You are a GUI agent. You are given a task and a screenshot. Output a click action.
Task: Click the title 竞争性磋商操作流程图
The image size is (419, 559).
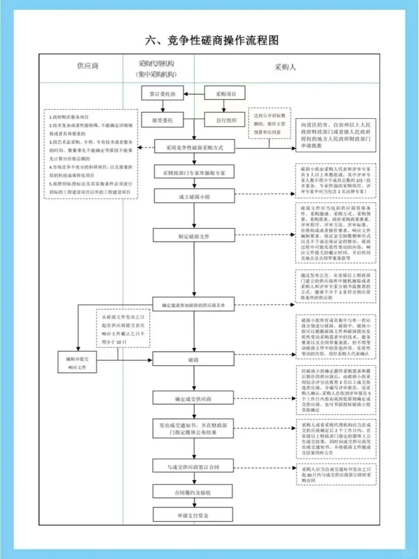pyautogui.click(x=212, y=40)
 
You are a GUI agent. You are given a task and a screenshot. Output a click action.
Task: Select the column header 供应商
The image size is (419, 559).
pyautogui.click(x=88, y=66)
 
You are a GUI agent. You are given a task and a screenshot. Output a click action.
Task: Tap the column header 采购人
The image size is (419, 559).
pyautogui.click(x=285, y=67)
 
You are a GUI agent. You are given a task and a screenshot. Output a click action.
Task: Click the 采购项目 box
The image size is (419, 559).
pyautogui.click(x=225, y=94)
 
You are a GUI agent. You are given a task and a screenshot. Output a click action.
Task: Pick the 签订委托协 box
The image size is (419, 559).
pyautogui.click(x=163, y=94)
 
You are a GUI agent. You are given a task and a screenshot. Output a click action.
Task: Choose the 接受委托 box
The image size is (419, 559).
pyautogui.click(x=163, y=120)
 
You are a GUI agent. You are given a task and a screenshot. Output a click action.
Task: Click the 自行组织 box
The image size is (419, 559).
pyautogui.click(x=226, y=120)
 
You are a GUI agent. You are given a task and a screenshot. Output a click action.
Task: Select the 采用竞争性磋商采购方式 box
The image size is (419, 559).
pyautogui.click(x=195, y=148)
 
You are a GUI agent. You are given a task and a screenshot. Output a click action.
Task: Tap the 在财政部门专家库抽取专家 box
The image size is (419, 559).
pyautogui.click(x=194, y=173)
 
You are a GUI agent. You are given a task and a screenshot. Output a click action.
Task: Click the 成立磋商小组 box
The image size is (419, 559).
pyautogui.click(x=194, y=196)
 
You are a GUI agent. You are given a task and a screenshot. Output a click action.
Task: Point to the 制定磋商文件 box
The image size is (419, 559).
pyautogui.click(x=194, y=236)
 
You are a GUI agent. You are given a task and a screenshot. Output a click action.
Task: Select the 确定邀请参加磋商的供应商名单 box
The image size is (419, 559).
pyautogui.click(x=194, y=305)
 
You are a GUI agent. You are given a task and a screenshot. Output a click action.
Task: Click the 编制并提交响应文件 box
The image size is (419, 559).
pyautogui.click(x=77, y=363)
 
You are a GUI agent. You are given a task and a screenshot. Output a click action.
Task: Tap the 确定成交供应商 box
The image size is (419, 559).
pyautogui.click(x=193, y=399)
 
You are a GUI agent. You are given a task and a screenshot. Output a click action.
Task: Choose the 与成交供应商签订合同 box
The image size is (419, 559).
pyautogui.click(x=193, y=467)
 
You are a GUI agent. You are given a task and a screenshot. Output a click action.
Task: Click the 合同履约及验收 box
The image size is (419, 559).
pyautogui.click(x=193, y=492)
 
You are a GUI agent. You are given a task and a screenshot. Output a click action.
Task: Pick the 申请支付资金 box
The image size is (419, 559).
pyautogui.click(x=193, y=515)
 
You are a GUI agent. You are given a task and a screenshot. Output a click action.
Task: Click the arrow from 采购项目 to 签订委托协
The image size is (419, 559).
pyautogui.click(x=194, y=94)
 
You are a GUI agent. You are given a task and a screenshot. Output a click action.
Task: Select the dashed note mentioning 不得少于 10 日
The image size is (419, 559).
pyautogui.click(x=123, y=329)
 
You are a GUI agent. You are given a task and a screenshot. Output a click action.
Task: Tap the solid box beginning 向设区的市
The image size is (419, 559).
pyautogui.click(x=336, y=135)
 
